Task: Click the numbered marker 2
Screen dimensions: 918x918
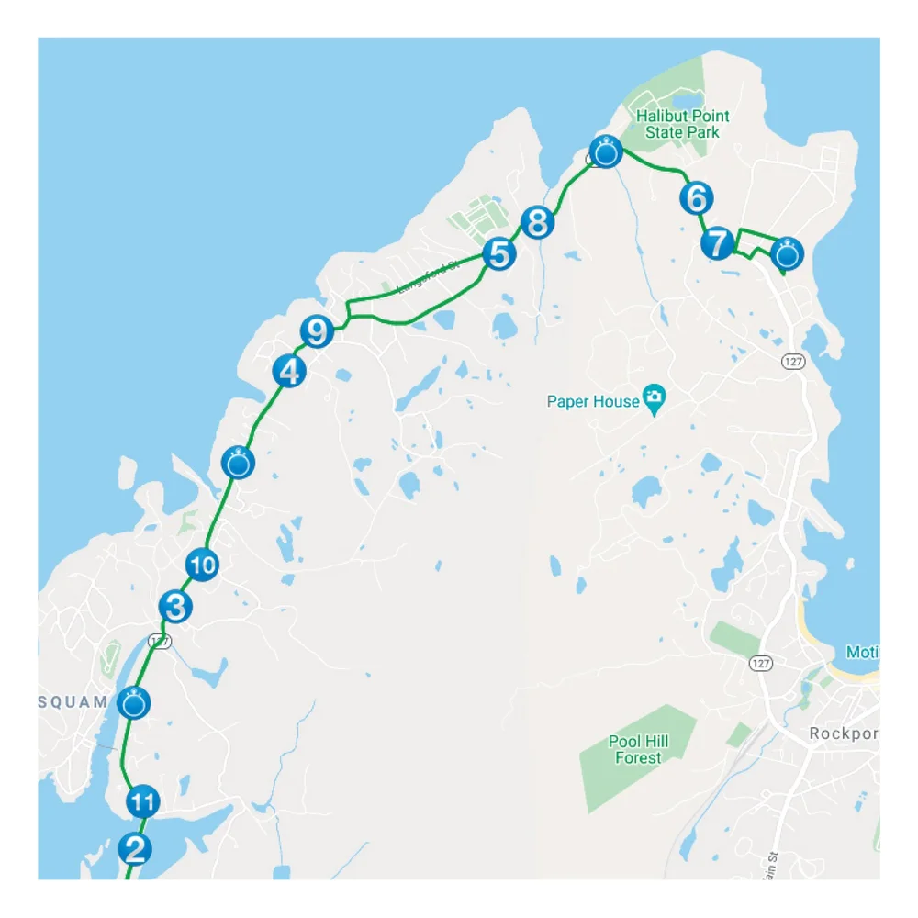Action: (136, 848)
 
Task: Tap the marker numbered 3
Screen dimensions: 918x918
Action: (175, 607)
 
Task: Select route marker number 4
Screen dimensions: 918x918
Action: (289, 372)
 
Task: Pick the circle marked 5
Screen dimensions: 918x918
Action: (498, 253)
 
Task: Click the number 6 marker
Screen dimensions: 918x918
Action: (696, 197)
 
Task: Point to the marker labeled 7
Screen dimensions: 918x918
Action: (717, 244)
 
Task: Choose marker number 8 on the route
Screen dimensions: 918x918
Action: (538, 222)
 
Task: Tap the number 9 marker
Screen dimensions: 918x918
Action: (317, 330)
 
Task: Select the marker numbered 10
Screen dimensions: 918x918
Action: (203, 565)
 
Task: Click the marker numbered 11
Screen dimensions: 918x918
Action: (142, 802)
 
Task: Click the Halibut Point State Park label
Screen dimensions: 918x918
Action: (684, 124)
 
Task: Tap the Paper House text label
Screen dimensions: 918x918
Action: (593, 401)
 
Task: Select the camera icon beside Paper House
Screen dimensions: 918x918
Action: (654, 397)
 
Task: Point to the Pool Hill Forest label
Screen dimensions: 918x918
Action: (638, 749)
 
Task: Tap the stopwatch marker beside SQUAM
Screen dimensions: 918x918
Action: (134, 704)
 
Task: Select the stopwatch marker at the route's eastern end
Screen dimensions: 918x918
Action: (788, 252)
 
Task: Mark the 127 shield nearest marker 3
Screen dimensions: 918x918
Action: (161, 641)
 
